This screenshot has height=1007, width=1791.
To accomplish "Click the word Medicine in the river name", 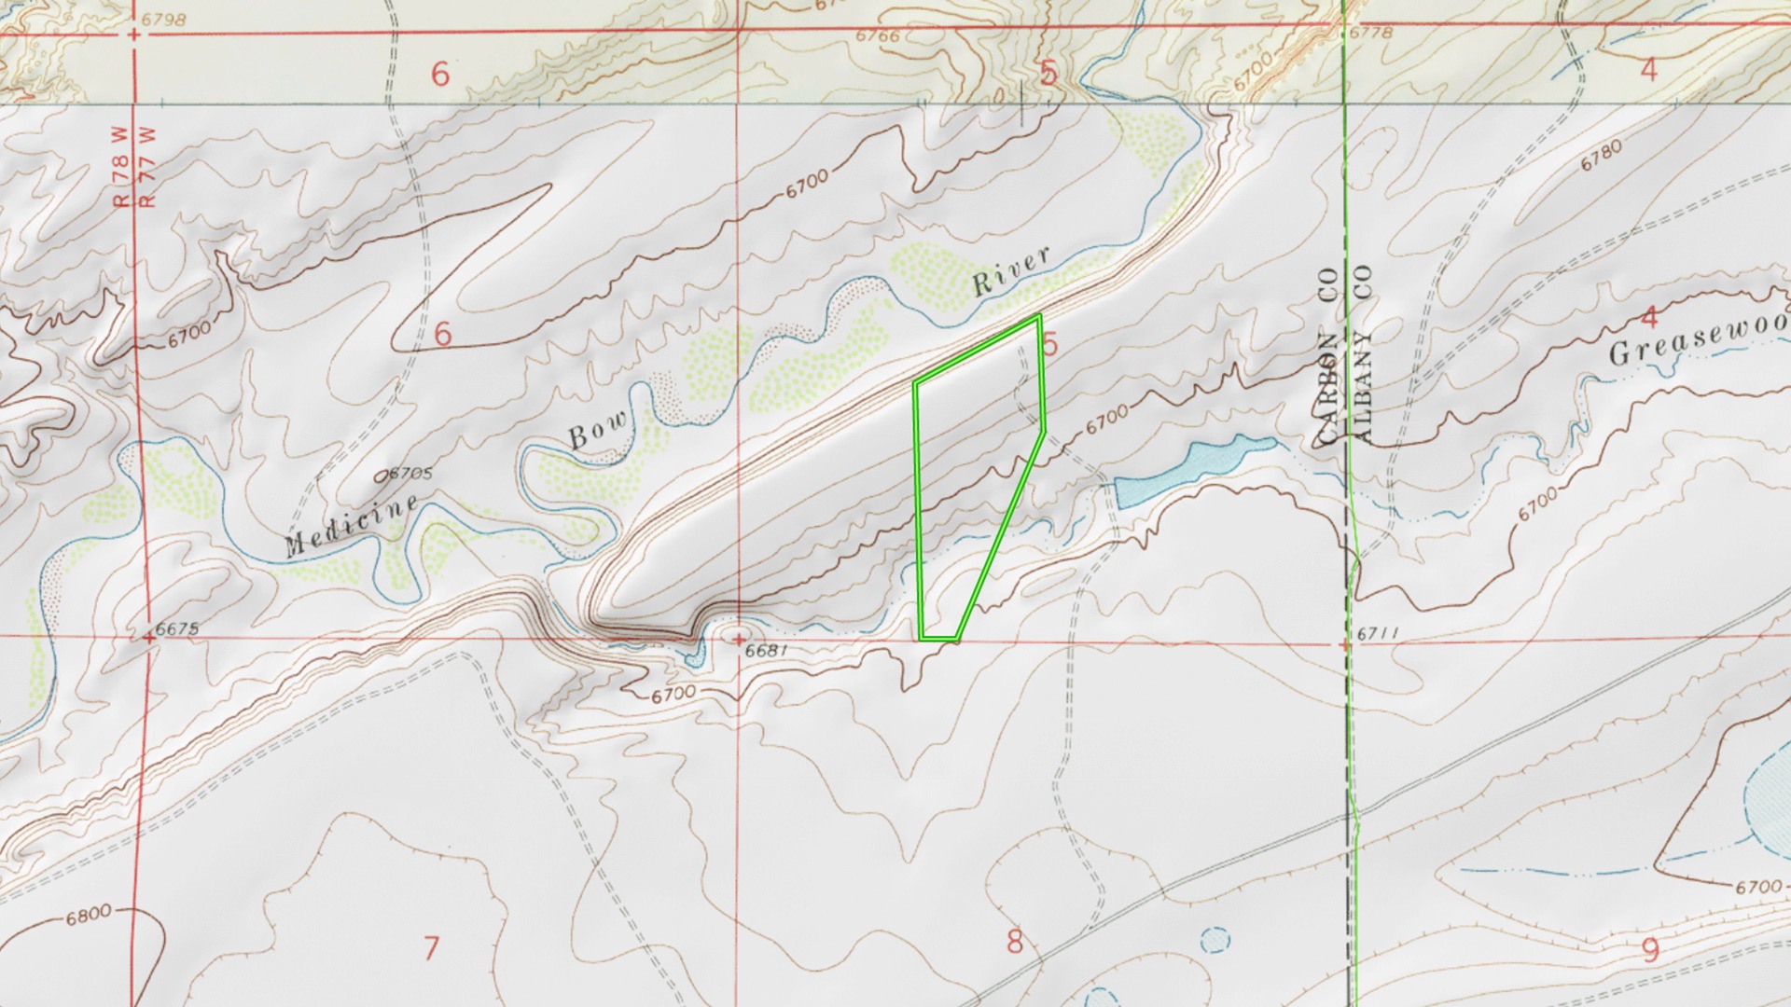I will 352,527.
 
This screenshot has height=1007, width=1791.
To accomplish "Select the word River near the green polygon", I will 1011,270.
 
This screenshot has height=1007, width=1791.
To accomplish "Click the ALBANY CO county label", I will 1363,353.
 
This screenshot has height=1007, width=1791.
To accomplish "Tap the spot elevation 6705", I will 407,474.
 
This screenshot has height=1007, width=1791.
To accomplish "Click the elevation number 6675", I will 177,628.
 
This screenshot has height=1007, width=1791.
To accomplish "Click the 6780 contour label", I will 1601,156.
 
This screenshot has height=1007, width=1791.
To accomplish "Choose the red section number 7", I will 431,948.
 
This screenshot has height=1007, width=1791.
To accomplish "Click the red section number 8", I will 1015,941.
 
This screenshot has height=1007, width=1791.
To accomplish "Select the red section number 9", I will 1650,950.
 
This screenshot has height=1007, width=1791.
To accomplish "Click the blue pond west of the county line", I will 1185,472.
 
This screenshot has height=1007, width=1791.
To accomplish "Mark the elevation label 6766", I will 878,36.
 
